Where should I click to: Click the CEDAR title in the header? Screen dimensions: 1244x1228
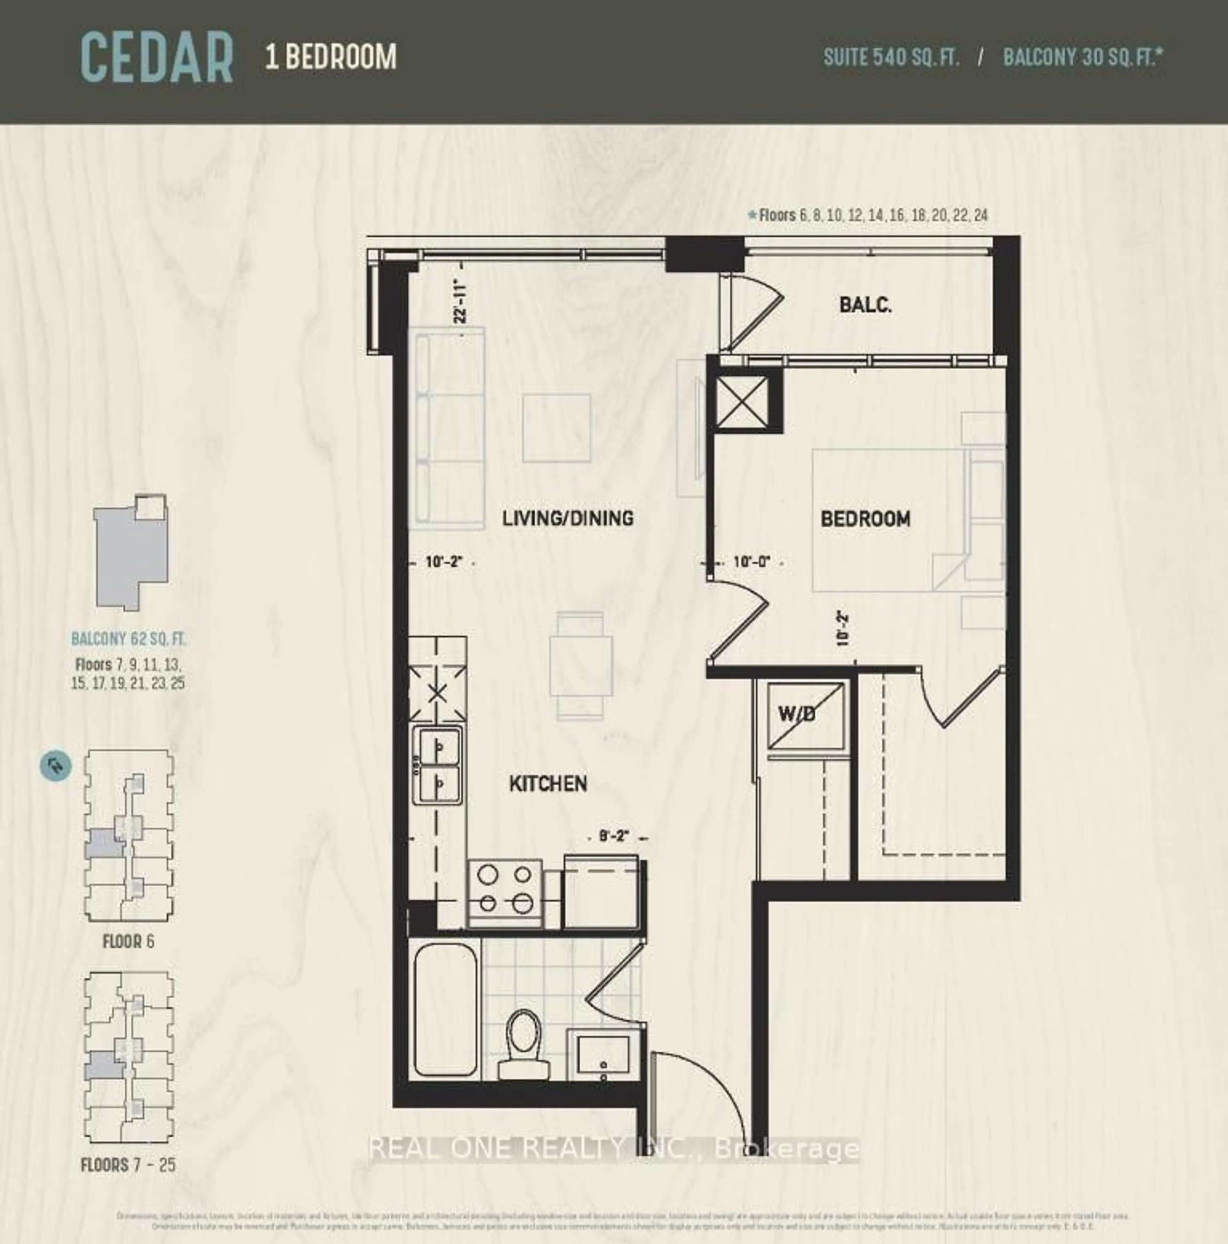tap(156, 59)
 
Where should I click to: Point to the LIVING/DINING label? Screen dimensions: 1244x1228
tap(567, 518)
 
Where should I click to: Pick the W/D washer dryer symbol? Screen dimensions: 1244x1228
tap(805, 715)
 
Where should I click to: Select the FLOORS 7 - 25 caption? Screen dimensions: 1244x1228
tap(128, 1164)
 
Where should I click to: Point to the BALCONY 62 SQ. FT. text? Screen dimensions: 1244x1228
tap(128, 639)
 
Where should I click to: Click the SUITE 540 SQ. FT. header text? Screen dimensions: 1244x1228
tap(891, 58)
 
